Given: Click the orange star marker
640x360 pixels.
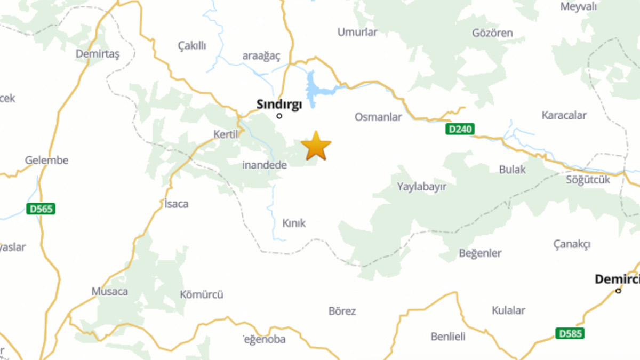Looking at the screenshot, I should [316, 146].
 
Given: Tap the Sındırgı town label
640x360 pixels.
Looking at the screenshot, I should [279, 104].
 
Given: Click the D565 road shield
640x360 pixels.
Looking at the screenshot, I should [41, 209].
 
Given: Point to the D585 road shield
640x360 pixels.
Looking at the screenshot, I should [570, 333].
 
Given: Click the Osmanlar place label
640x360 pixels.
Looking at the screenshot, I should [378, 117].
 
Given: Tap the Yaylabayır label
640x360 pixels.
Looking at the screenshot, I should [421, 187].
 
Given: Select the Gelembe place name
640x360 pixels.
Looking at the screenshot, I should [47, 160].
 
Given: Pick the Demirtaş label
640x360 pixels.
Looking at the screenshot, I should [98, 53].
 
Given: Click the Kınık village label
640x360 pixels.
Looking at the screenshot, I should [293, 223].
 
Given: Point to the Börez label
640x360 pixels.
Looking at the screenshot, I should [342, 311].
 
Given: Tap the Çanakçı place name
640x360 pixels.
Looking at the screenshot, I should [572, 244].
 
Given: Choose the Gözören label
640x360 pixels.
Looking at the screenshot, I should [492, 33].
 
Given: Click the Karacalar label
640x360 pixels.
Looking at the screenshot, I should [564, 115].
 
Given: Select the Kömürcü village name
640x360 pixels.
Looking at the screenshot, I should [201, 294].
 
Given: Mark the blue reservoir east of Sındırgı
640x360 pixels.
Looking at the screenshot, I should [312, 88].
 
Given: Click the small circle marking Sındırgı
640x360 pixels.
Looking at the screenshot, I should [279, 116].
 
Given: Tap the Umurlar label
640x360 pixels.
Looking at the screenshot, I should [357, 32].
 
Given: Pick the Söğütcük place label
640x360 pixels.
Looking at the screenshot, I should [588, 180].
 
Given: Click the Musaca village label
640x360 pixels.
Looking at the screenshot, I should [110, 292].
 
